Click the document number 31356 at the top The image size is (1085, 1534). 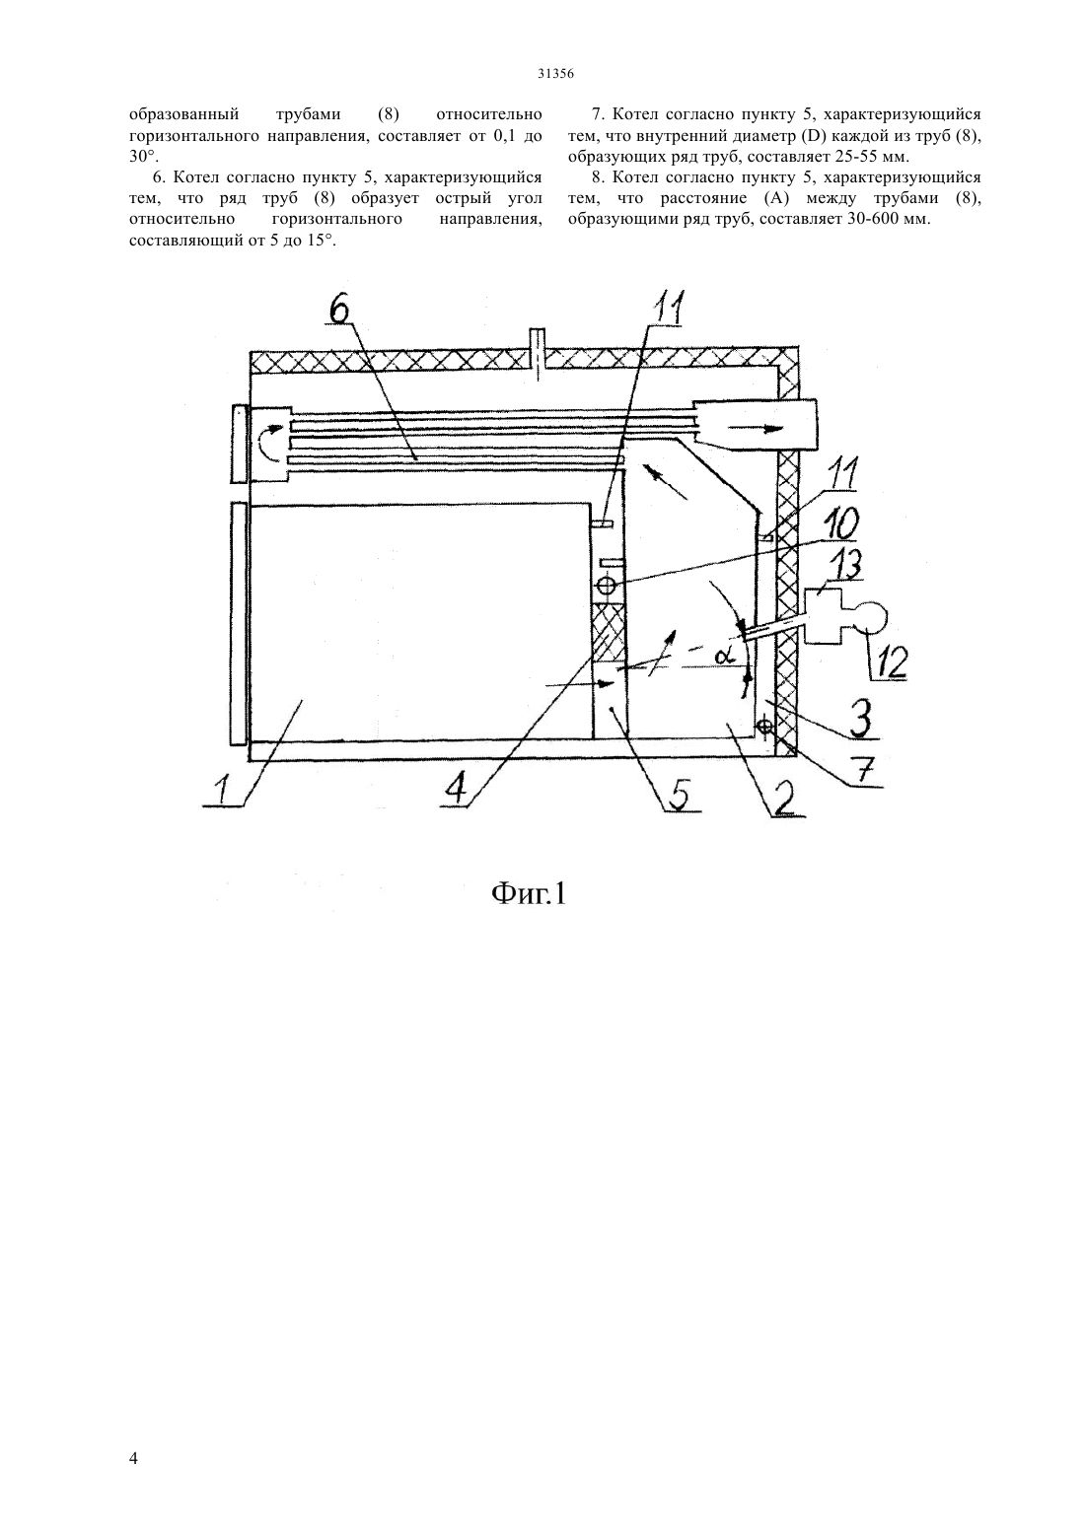[x=554, y=75]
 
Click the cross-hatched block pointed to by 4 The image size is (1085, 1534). [x=609, y=634]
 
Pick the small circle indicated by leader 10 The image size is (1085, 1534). [x=607, y=586]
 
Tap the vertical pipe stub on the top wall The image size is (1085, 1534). [x=539, y=353]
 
